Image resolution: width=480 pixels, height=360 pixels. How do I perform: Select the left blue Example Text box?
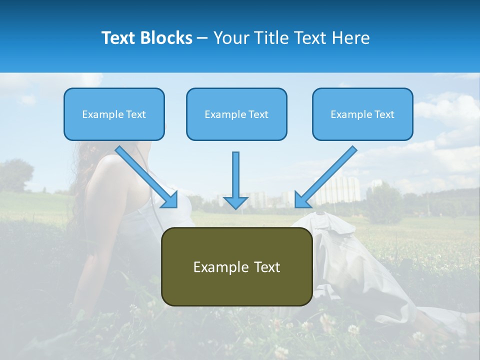pos(114,114)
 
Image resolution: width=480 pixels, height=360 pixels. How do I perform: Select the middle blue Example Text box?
pos(236,114)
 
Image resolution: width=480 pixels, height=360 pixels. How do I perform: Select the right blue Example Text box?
pos(362,114)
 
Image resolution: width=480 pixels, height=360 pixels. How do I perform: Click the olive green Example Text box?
pos(236,267)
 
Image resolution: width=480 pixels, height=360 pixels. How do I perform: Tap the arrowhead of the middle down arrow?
pos(235,202)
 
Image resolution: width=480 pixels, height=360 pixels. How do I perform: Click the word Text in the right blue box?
pos(384,114)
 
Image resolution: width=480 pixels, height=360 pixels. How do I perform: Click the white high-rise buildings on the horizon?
pos(340,190)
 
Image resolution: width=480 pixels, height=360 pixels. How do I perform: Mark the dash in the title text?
pos(202,38)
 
